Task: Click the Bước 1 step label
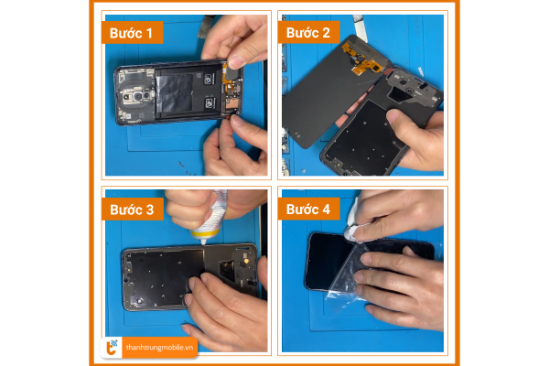coord(131,33)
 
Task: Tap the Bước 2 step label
coord(308,33)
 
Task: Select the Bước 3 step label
coord(132,210)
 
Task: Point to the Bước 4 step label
coord(308,210)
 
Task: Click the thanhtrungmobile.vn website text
coord(159,348)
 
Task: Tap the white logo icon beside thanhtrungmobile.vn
coord(112,348)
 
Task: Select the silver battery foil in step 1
coord(175,92)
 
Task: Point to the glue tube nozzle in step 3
coord(203,241)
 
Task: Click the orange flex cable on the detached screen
coord(360,59)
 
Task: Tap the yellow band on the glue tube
coord(206,231)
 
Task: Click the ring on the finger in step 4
coord(370,276)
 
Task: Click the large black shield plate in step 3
coord(163,277)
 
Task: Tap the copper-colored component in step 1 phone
coord(231,104)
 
